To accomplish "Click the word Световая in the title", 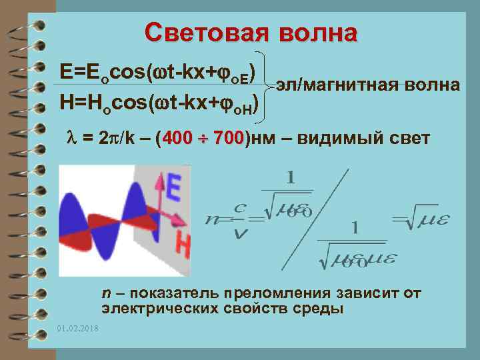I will (202, 32).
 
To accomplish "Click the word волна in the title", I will (319, 32).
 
